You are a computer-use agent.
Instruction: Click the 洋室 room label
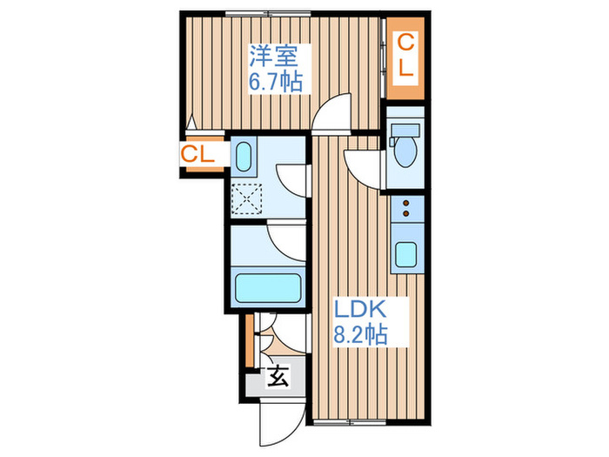coord(273,57)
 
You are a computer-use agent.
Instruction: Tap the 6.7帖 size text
coord(276,81)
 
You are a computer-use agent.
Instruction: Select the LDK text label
coord(360,310)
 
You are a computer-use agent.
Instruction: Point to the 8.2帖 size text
coord(361,334)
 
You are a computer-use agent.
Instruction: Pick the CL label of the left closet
coord(197,154)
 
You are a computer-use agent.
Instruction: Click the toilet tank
coord(405,131)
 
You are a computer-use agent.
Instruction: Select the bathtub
coord(268,288)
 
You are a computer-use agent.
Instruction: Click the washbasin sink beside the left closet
coord(244,157)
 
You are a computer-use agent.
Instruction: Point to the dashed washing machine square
coord(246,199)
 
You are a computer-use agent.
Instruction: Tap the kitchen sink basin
coord(406,254)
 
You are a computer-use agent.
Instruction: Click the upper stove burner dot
coord(406,203)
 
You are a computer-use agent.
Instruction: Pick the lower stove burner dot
coord(406,213)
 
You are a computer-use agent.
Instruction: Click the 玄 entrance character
coord(278,376)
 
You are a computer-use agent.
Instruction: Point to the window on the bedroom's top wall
coord(268,14)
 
